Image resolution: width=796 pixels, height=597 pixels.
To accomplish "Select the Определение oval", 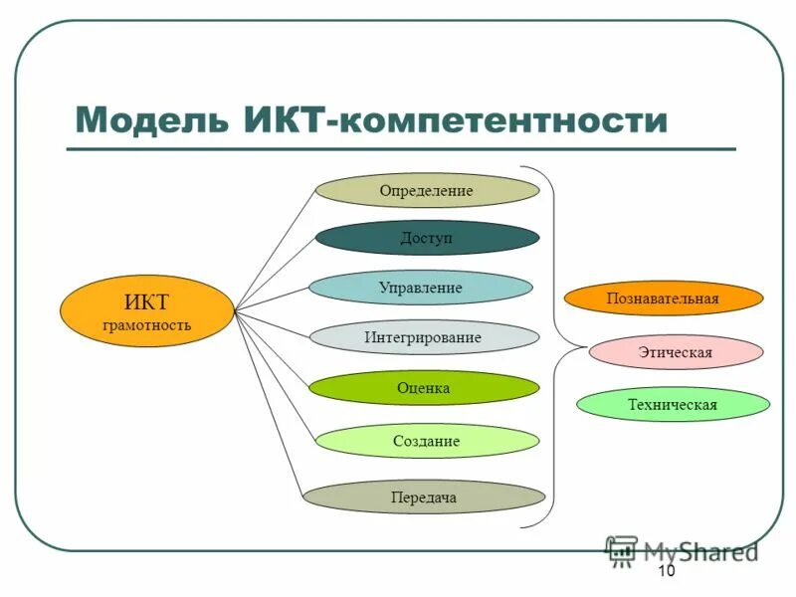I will tap(427, 190).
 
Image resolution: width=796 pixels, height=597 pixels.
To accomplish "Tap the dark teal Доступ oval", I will tap(427, 238).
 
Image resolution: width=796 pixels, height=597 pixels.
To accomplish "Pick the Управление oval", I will tap(420, 288).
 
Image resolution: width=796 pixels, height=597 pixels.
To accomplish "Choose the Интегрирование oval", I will tap(423, 337).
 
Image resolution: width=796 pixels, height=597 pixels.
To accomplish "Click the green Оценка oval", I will tap(423, 387).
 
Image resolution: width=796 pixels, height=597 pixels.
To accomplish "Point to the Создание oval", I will tap(427, 441).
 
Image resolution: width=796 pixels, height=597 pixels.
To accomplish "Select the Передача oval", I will tap(424, 497).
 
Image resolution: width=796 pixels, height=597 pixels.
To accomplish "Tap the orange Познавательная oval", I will tap(663, 298).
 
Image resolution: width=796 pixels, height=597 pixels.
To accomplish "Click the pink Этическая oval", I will tap(676, 351).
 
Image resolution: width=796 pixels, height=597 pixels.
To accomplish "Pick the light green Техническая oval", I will tap(673, 404).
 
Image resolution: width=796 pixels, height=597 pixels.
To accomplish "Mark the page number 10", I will tap(666, 571).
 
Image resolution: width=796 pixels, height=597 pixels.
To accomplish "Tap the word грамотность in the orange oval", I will tap(146, 324).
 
